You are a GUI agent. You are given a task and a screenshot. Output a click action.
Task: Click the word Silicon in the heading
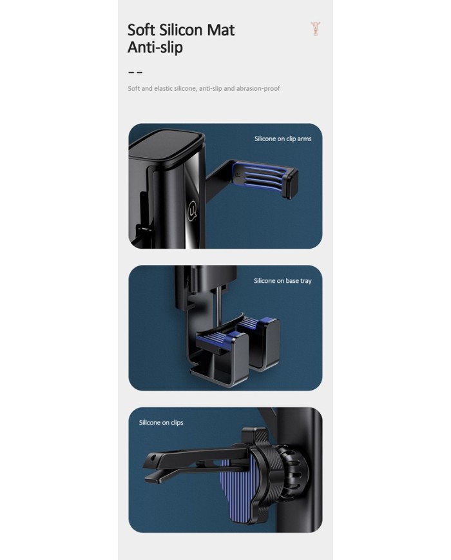pos(181,30)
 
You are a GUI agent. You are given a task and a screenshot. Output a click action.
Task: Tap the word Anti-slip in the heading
pos(155,47)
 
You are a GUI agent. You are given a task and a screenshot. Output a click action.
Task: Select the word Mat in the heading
pos(221,30)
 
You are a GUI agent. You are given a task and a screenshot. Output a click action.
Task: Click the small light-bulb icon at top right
pos(315,28)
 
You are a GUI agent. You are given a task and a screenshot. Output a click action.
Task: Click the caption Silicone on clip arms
pos(283,139)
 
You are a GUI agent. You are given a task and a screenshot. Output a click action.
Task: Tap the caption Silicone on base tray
pos(282,281)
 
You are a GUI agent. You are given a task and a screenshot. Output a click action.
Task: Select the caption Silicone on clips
pos(161,423)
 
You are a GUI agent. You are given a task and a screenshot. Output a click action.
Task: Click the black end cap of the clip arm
pos(291,183)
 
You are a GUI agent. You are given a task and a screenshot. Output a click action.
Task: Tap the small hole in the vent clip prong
pos(154,458)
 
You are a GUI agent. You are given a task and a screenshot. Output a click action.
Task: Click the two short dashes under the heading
pos(135,73)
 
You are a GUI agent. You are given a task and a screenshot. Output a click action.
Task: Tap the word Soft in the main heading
pos(141,30)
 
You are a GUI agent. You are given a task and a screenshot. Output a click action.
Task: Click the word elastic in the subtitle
pos(163,88)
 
